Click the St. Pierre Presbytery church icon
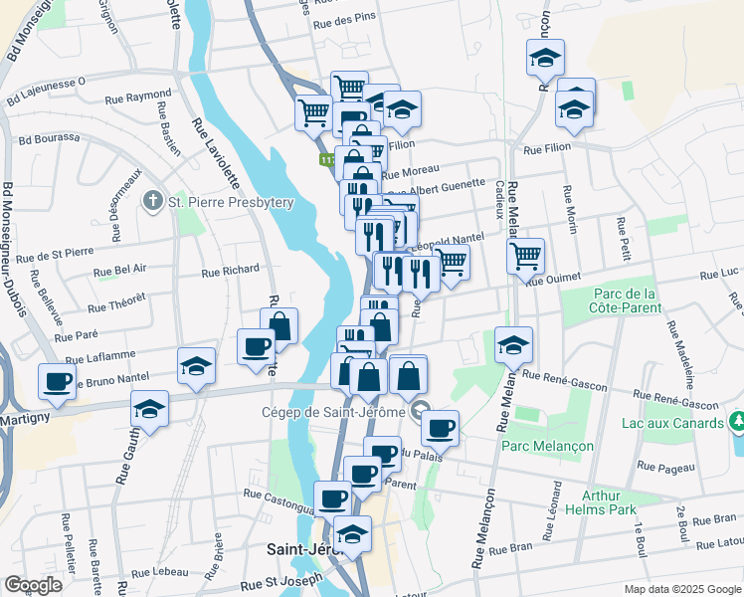click(x=152, y=202)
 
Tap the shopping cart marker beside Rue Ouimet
click(x=525, y=255)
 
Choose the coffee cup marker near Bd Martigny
click(x=57, y=381)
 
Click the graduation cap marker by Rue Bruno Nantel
click(x=196, y=366)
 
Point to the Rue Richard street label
click(x=230, y=270)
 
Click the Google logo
click(x=33, y=585)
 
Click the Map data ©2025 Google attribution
click(x=680, y=589)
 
